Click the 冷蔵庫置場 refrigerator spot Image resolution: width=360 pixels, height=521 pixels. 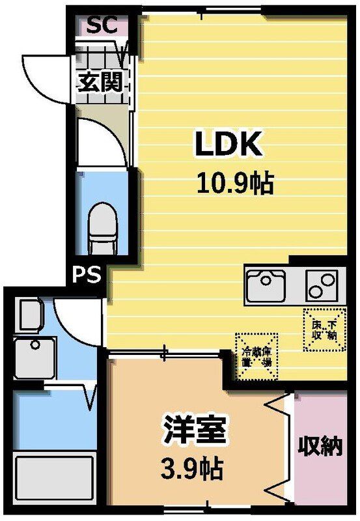pos(256,356)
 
